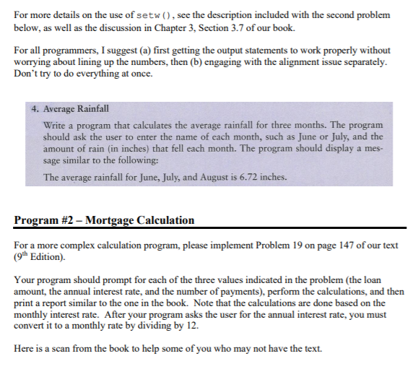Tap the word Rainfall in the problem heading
[92, 109]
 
